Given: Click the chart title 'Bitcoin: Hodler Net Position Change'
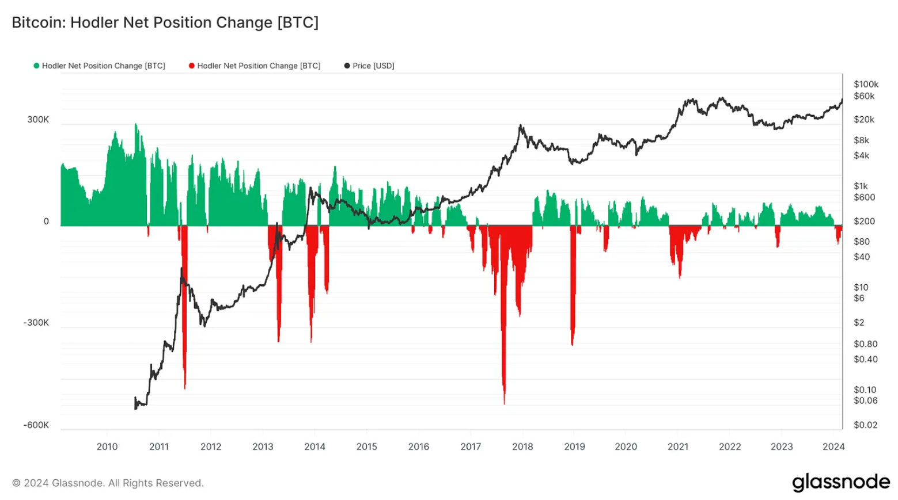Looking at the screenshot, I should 165,22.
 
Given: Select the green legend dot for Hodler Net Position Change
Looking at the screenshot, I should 37,66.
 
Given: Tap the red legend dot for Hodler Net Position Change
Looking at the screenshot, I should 192,66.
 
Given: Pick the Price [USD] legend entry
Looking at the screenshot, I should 369,66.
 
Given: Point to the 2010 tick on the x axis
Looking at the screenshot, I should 107,446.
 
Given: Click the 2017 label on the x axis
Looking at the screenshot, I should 471,446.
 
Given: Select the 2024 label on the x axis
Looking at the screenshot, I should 833,446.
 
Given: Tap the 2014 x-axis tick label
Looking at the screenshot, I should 315,446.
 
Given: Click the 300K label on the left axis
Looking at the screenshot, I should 38,120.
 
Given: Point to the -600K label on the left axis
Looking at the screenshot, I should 36,425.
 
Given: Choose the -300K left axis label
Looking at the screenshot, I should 36,323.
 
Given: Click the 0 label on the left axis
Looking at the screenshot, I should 46,222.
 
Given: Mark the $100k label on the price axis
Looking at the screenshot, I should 866,85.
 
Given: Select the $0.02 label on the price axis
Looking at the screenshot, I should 865,425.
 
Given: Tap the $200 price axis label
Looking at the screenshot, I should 864,222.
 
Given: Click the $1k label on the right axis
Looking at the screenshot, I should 861,186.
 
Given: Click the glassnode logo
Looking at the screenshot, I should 841,482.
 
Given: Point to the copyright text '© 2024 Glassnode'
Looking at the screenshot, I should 108,483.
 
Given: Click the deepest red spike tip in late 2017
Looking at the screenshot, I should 505,403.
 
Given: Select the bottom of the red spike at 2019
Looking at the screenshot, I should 572,345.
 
